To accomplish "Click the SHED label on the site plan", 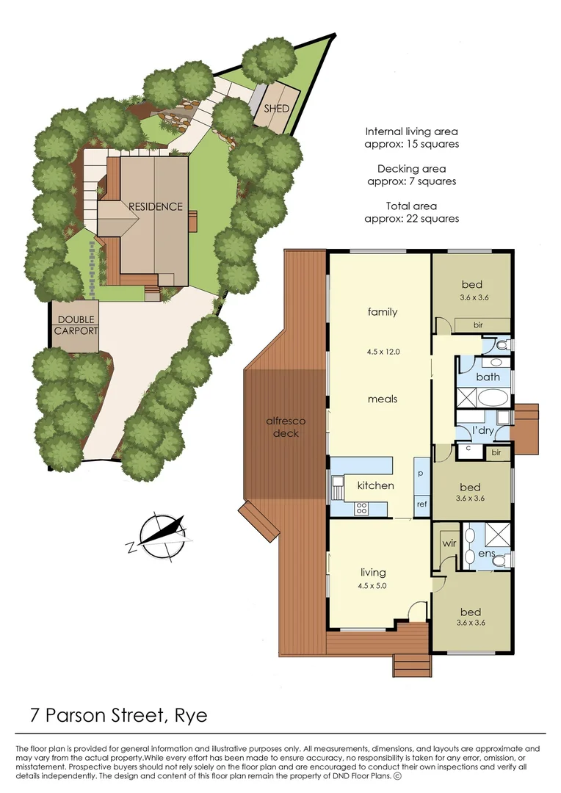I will [276, 109].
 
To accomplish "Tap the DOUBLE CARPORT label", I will [76, 325].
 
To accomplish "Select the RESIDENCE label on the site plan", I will [156, 206].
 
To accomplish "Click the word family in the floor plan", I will [383, 312].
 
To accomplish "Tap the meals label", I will [383, 399].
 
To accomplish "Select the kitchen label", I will [375, 485].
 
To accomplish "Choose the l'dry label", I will [482, 430].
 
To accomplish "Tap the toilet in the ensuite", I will [501, 561].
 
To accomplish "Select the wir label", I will [449, 545].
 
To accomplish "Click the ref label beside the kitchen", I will [421, 504].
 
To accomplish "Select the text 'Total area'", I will [411, 206].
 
